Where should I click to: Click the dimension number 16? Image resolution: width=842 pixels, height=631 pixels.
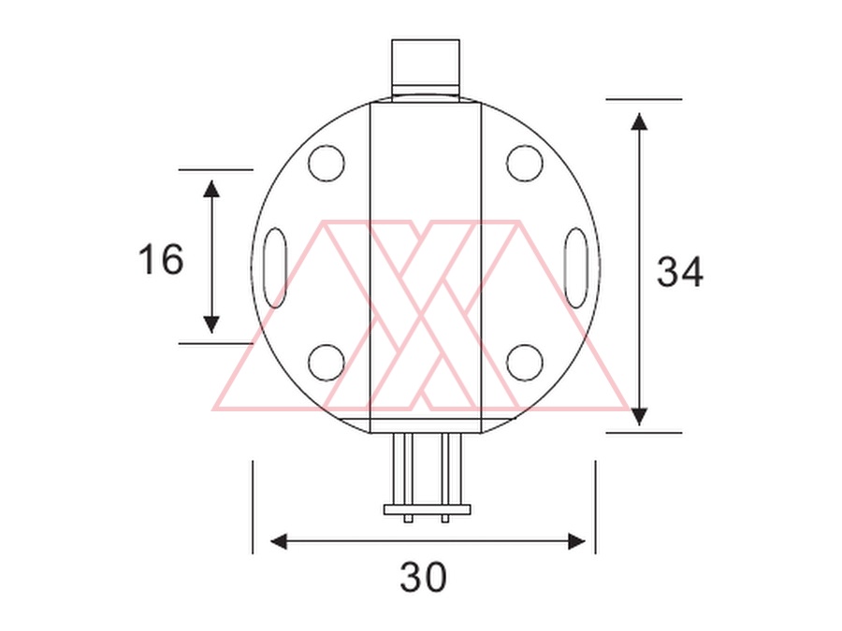[161, 259]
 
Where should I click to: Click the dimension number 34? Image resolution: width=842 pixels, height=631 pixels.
[680, 271]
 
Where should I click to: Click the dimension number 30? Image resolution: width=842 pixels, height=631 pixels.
[423, 578]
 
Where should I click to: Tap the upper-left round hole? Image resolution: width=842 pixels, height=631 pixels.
[326, 163]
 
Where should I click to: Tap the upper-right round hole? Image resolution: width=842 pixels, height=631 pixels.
[524, 163]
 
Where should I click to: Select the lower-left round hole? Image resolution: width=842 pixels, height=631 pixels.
[326, 363]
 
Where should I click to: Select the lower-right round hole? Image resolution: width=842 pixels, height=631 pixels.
[524, 363]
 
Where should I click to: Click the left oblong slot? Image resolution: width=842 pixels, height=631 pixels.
[275, 267]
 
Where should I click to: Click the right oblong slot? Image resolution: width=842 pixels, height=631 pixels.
[576, 267]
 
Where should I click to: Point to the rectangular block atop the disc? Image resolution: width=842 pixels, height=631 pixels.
[426, 67]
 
